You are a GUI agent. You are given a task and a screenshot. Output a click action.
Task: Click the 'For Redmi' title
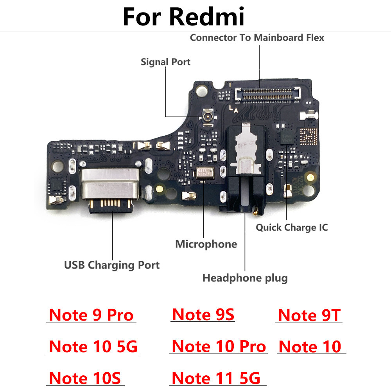(183, 16)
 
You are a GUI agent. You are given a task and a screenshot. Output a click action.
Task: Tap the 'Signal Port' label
(165, 62)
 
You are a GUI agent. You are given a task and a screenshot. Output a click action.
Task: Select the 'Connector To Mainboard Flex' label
(257, 38)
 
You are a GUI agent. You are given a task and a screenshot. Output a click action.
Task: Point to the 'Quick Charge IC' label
(292, 228)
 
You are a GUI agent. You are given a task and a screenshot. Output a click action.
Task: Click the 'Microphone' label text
(206, 244)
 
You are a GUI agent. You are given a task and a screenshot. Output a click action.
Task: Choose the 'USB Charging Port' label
(112, 265)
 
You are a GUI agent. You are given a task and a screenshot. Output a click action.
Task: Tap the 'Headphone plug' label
(245, 278)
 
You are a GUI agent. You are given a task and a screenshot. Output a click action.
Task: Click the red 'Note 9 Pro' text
(91, 315)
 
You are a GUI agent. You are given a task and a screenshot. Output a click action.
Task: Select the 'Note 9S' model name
(203, 314)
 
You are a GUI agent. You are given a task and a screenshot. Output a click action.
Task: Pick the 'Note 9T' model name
(309, 315)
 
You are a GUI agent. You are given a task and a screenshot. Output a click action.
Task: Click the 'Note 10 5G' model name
(93, 346)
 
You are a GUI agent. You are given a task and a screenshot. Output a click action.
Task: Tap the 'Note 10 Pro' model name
(219, 346)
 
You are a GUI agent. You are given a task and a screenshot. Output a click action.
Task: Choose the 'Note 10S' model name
(85, 378)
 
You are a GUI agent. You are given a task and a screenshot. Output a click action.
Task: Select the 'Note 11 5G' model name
(216, 378)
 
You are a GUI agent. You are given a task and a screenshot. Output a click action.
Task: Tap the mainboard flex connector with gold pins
(267, 95)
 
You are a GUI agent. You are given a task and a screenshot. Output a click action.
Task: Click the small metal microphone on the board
(205, 173)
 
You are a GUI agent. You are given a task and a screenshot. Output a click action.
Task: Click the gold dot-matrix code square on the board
(308, 136)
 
